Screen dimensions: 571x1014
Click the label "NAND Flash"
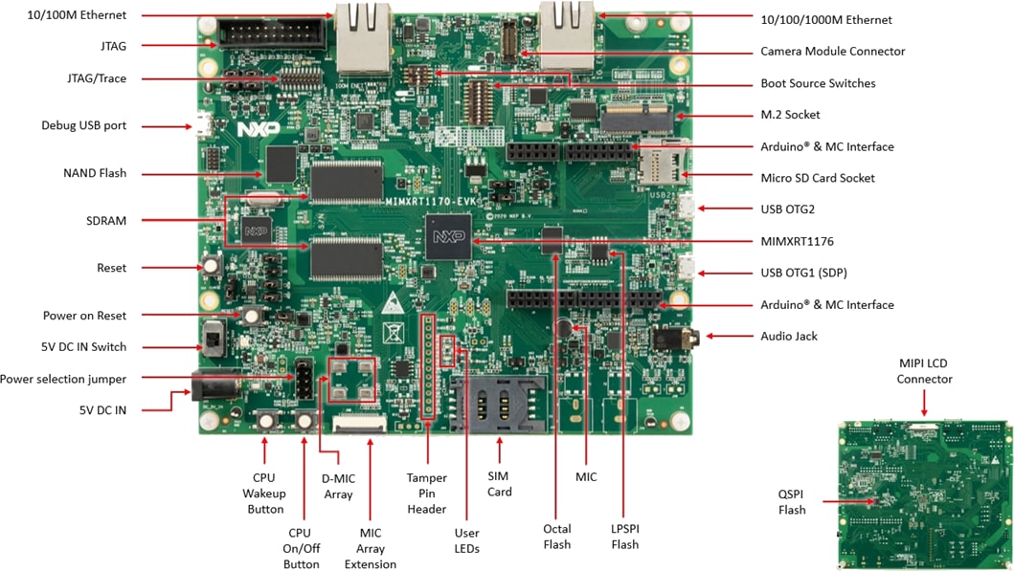[x=94, y=173]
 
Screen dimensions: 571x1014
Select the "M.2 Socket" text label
[x=790, y=115]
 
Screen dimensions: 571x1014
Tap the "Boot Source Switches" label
[x=817, y=83]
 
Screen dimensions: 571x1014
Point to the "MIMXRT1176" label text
[x=797, y=241]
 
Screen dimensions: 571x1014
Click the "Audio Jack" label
[x=789, y=336]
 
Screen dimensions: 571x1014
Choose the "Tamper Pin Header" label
[x=427, y=494]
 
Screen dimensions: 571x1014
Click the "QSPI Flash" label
[x=792, y=502]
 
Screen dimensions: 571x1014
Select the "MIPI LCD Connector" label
[x=924, y=371]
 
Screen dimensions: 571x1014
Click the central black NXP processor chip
[x=448, y=235]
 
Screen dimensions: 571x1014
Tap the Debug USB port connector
[x=203, y=125]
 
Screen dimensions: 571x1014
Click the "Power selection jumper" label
[x=63, y=379]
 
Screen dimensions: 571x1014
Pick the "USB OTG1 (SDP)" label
[x=803, y=273]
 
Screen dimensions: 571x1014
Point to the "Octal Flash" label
[x=556, y=537]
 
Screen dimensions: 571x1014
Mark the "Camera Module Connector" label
[x=832, y=52]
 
